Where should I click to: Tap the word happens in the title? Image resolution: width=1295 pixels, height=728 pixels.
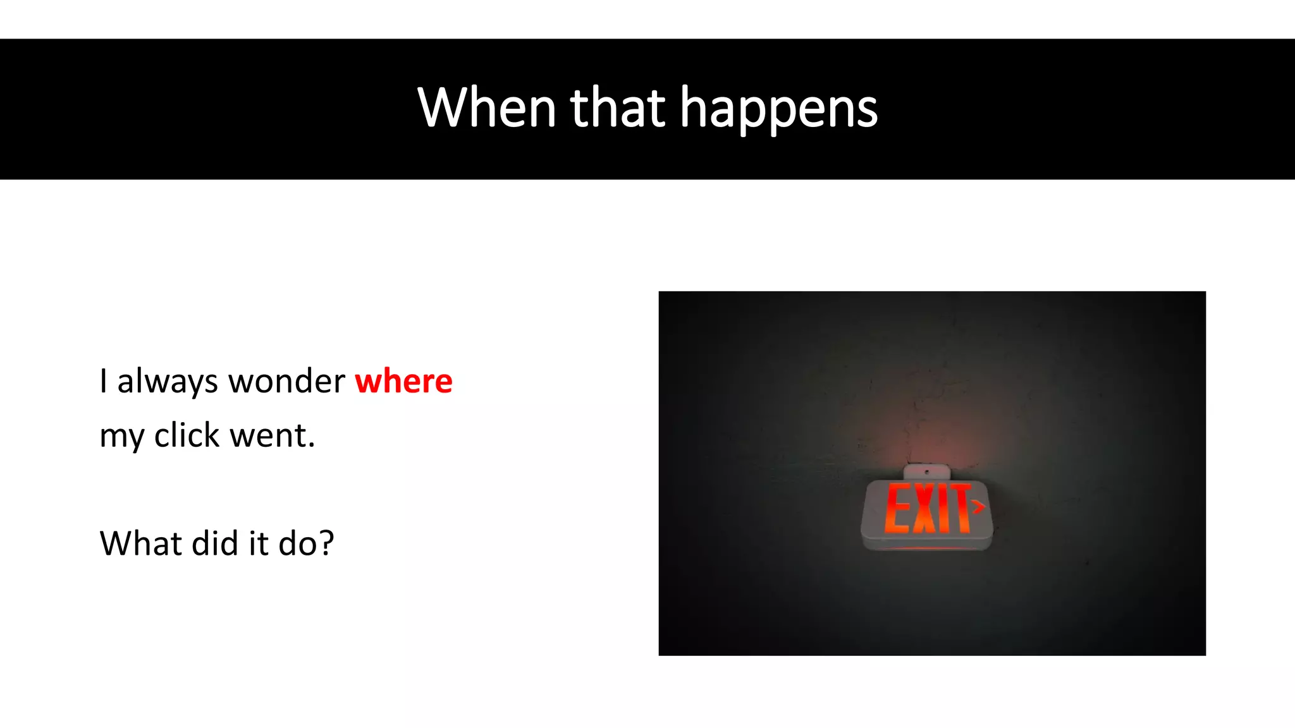click(x=778, y=109)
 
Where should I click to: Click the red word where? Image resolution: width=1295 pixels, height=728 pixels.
click(x=403, y=381)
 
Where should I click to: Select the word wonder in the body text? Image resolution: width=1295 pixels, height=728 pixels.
click(x=286, y=381)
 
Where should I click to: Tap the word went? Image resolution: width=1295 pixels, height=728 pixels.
click(x=272, y=435)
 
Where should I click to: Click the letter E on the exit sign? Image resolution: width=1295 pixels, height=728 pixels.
click(x=898, y=508)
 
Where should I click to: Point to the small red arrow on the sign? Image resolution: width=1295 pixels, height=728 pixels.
click(x=979, y=506)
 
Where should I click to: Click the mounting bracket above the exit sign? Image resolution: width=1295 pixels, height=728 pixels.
click(x=927, y=472)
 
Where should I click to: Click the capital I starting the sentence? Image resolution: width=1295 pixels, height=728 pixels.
click(x=103, y=381)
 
